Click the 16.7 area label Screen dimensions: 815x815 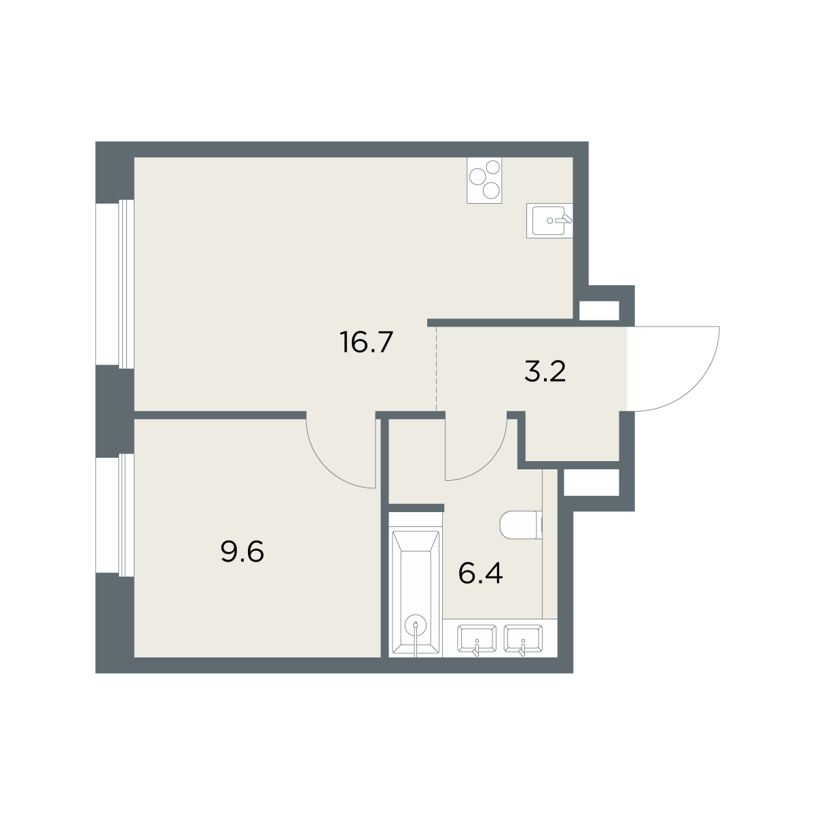pyautogui.click(x=366, y=342)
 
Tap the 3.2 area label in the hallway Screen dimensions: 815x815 pyautogui.click(x=545, y=372)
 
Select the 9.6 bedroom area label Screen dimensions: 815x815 pyautogui.click(x=242, y=552)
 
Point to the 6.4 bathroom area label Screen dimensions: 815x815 pyautogui.click(x=480, y=574)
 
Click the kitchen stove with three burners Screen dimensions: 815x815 pyautogui.click(x=484, y=180)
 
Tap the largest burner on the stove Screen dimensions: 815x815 pyautogui.click(x=477, y=177)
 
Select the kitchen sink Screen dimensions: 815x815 pyautogui.click(x=549, y=220)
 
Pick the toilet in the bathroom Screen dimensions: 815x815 pyautogui.click(x=521, y=525)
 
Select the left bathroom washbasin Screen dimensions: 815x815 pyautogui.click(x=477, y=639)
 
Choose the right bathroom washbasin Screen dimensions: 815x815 pyautogui.click(x=523, y=639)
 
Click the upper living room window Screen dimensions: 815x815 pyautogui.click(x=115, y=284)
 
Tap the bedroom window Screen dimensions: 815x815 pyautogui.click(x=115, y=515)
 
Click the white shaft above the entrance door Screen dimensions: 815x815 pyautogui.click(x=599, y=311)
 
